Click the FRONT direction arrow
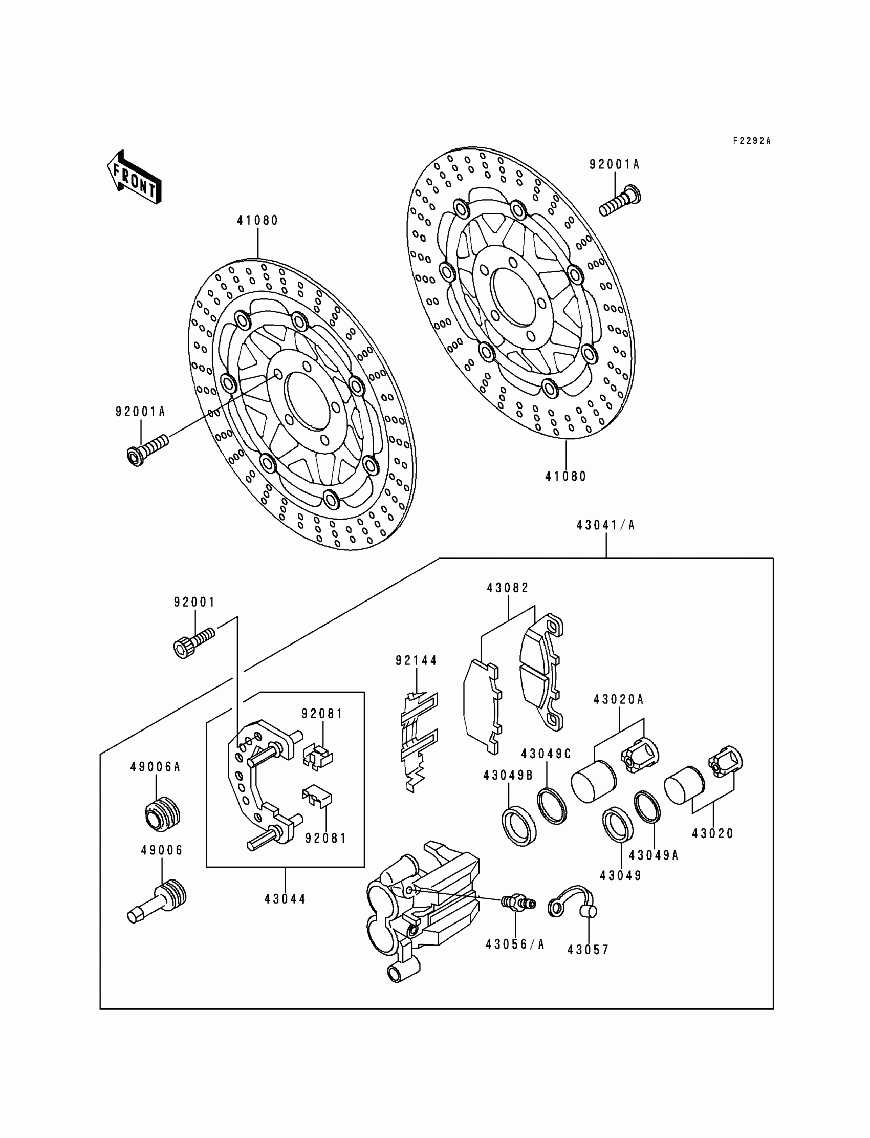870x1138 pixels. click(x=134, y=178)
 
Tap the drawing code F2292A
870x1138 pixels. click(x=751, y=141)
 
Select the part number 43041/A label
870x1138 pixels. click(x=605, y=525)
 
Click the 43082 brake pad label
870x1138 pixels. click(x=508, y=588)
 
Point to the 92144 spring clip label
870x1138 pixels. click(x=417, y=660)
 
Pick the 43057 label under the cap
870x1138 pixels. click(x=588, y=950)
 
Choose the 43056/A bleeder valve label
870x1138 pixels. click(x=515, y=944)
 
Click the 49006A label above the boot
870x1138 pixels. click(x=155, y=767)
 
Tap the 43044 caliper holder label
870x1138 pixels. click(x=285, y=899)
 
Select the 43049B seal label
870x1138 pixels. click(x=508, y=776)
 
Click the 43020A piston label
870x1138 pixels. click(x=618, y=699)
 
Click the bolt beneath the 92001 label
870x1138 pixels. click(x=193, y=642)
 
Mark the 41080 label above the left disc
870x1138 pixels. click(x=257, y=221)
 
